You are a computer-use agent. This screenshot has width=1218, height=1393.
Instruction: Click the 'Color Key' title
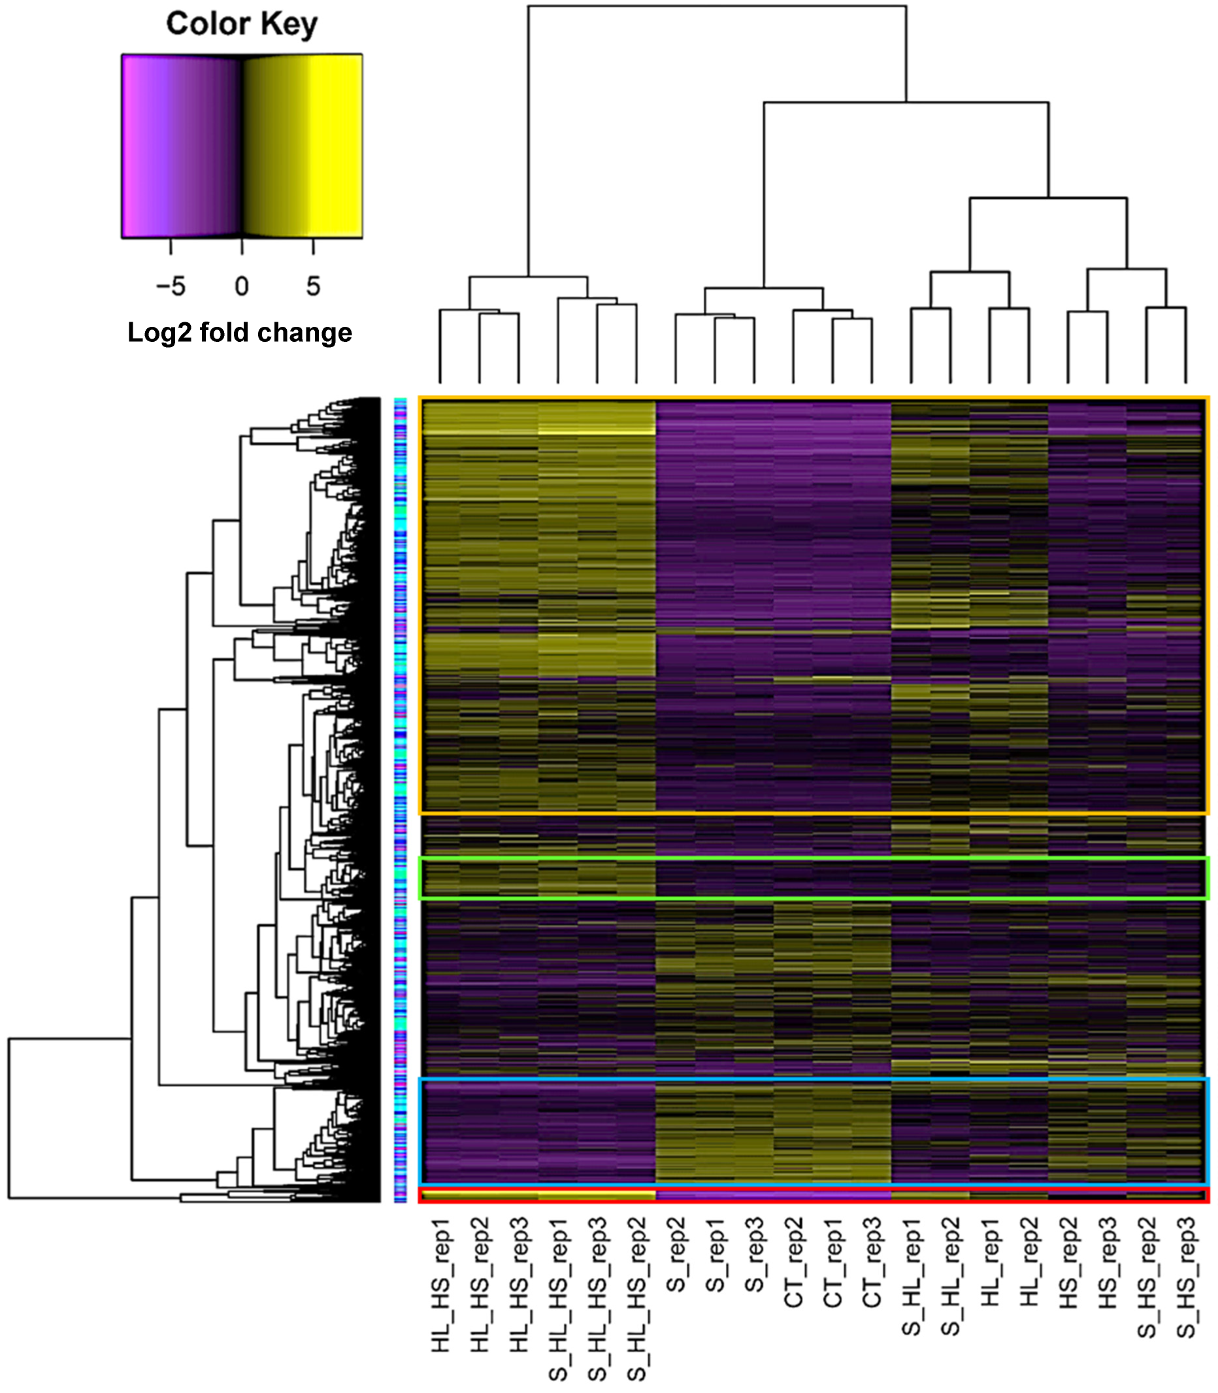coord(241,24)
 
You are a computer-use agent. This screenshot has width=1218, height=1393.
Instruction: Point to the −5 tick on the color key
coord(171,286)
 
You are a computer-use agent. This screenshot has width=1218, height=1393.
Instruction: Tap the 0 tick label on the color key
coord(242,286)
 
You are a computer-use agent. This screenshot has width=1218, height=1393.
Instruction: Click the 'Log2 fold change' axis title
coord(240,333)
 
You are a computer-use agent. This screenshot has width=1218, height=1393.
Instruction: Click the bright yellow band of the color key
coord(337,146)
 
